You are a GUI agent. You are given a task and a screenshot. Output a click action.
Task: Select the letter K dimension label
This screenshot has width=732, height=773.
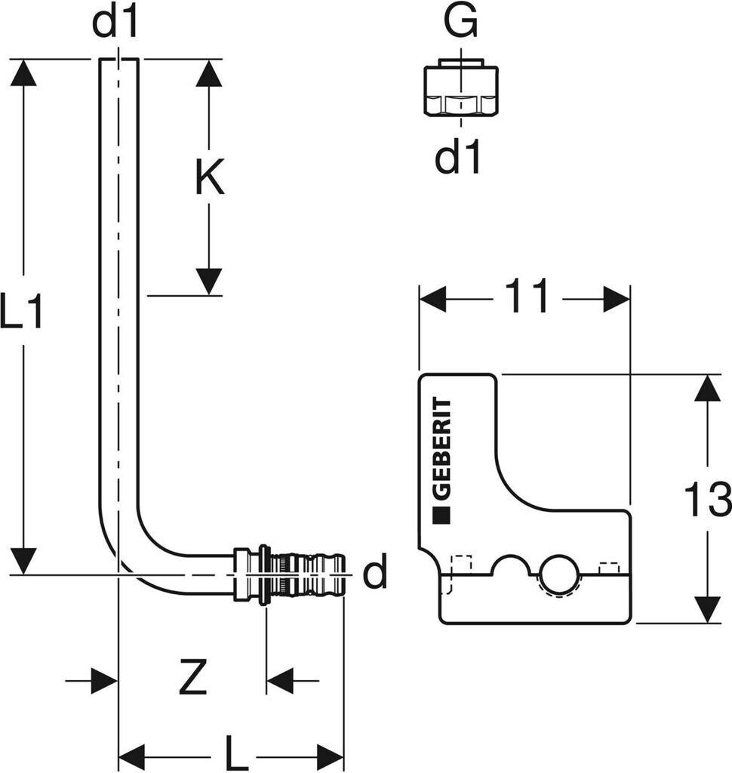[209, 180]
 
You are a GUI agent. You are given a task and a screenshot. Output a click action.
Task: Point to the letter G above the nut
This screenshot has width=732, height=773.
[460, 23]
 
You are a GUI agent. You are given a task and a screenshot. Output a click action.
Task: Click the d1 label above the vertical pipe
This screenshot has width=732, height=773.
[115, 23]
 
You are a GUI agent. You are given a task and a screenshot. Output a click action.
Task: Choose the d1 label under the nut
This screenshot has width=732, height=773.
[458, 159]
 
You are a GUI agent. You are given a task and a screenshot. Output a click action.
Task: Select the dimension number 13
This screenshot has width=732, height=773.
[707, 500]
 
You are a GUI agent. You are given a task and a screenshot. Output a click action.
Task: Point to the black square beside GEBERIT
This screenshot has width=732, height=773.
[441, 517]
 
